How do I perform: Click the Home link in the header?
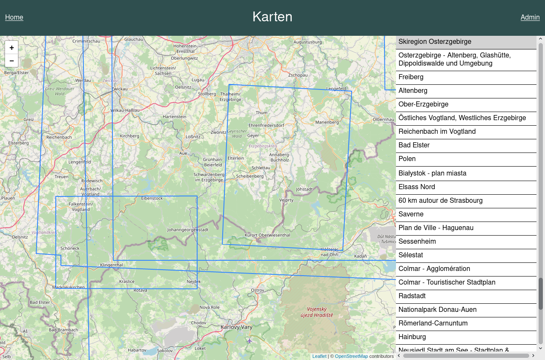pos(14,17)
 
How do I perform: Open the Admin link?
pos(530,17)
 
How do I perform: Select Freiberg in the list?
pos(411,77)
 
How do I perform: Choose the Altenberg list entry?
pos(413,91)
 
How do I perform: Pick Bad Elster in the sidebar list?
pos(414,145)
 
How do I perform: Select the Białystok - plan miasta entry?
pos(432,173)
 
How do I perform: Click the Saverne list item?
pos(411,214)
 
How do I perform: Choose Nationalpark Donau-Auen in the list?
pos(437,310)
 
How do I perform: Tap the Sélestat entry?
pos(410,255)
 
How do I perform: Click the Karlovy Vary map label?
pos(236,327)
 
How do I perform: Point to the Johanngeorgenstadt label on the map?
pos(188,230)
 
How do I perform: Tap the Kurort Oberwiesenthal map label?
pos(267,235)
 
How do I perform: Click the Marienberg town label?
pos(327,122)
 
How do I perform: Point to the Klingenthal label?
pos(111,265)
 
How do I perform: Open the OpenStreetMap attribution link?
pos(351,356)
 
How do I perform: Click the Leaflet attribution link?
pos(319,356)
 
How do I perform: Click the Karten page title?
pos(272,17)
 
